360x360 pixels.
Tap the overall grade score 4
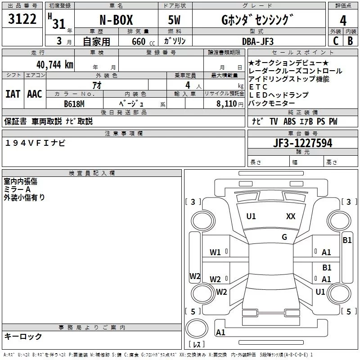[x=343, y=20]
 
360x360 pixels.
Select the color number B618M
[x=74, y=103]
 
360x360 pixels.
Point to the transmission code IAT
[x=13, y=94]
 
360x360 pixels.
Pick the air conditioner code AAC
[x=35, y=94]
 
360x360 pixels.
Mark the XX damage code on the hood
[x=291, y=216]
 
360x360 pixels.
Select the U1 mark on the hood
[x=251, y=216]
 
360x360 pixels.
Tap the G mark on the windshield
[x=284, y=237]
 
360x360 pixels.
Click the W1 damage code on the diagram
[x=215, y=252]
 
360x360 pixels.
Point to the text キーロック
[x=23, y=337]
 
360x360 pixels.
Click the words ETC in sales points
[x=258, y=87]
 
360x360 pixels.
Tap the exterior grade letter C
[x=335, y=40]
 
